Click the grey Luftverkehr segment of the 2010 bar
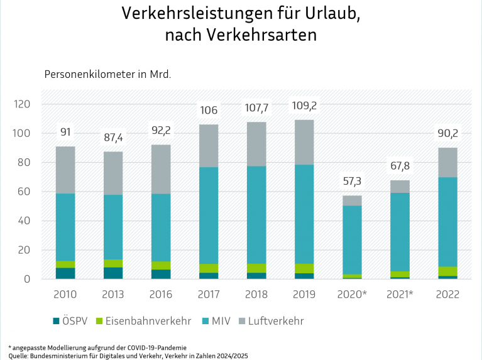coord(65,170)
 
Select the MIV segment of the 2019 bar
coord(304,214)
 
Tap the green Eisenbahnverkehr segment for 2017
coord(209,268)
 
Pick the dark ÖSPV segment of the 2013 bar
coord(113,273)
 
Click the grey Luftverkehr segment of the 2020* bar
coord(352,200)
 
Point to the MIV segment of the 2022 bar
coord(447,222)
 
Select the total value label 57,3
coord(352,182)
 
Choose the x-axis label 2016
coord(161,295)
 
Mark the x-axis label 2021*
coord(400,295)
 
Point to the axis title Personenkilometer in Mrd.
coord(107,74)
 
